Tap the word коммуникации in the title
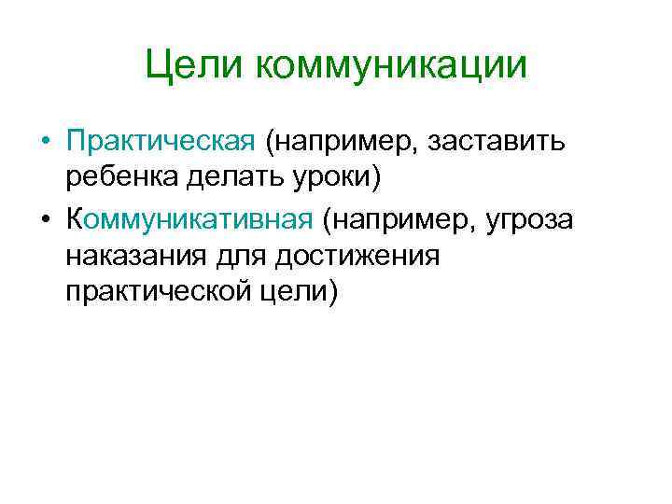[x=388, y=66]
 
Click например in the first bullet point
[x=338, y=142]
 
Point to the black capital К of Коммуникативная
[x=76, y=219]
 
